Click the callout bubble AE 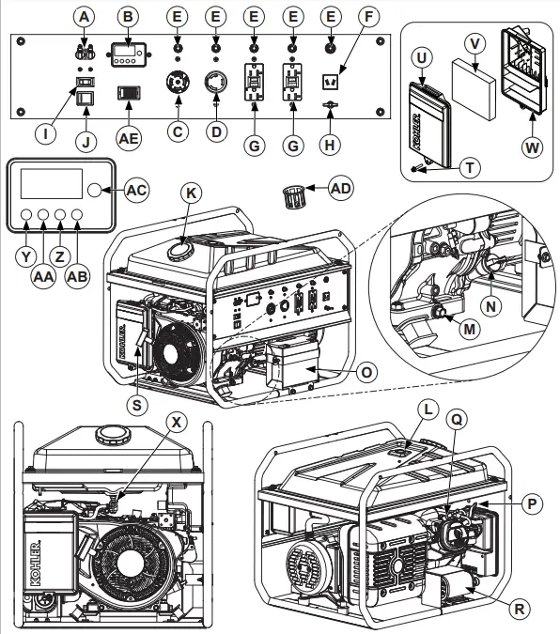click(130, 136)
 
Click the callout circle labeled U click(423, 57)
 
